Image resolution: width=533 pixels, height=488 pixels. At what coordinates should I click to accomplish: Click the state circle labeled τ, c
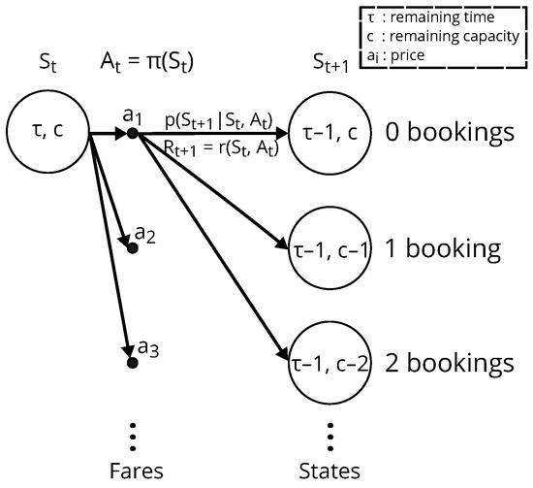47,131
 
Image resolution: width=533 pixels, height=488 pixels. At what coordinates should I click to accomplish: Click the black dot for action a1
132,132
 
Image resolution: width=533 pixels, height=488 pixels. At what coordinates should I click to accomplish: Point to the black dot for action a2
133,248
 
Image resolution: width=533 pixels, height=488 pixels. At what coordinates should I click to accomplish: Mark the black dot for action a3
132,363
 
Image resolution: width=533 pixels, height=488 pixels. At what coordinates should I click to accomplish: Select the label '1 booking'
442,248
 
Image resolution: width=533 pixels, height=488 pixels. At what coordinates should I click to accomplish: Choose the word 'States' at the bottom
330,469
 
